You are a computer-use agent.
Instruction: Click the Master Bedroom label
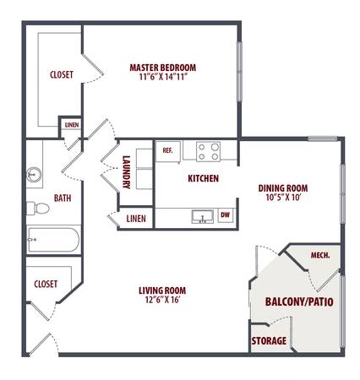tap(163, 68)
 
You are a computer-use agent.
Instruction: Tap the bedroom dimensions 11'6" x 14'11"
tap(163, 77)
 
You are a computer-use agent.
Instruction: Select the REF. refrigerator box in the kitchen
tap(168, 151)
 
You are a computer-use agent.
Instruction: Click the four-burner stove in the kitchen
tap(208, 151)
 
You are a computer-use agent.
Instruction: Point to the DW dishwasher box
tap(226, 215)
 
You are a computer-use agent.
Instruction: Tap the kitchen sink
tap(202, 216)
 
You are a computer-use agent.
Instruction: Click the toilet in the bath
tap(38, 209)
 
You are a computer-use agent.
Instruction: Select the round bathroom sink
tap(35, 175)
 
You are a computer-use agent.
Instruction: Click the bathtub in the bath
tap(53, 240)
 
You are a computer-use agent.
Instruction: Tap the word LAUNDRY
tap(127, 172)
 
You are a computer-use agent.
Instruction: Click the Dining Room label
tap(283, 188)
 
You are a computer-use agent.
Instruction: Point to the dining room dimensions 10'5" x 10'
tap(284, 198)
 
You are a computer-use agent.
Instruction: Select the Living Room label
tap(162, 290)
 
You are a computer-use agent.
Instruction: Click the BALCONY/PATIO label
tap(299, 301)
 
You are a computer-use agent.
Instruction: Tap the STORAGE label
tap(269, 341)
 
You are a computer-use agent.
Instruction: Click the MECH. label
tap(320, 255)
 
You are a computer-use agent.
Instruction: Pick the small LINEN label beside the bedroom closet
tap(72, 125)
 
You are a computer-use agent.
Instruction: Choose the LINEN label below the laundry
tap(136, 219)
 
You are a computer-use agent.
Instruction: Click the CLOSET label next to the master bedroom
tap(62, 74)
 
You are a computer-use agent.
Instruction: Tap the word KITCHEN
tap(204, 178)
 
